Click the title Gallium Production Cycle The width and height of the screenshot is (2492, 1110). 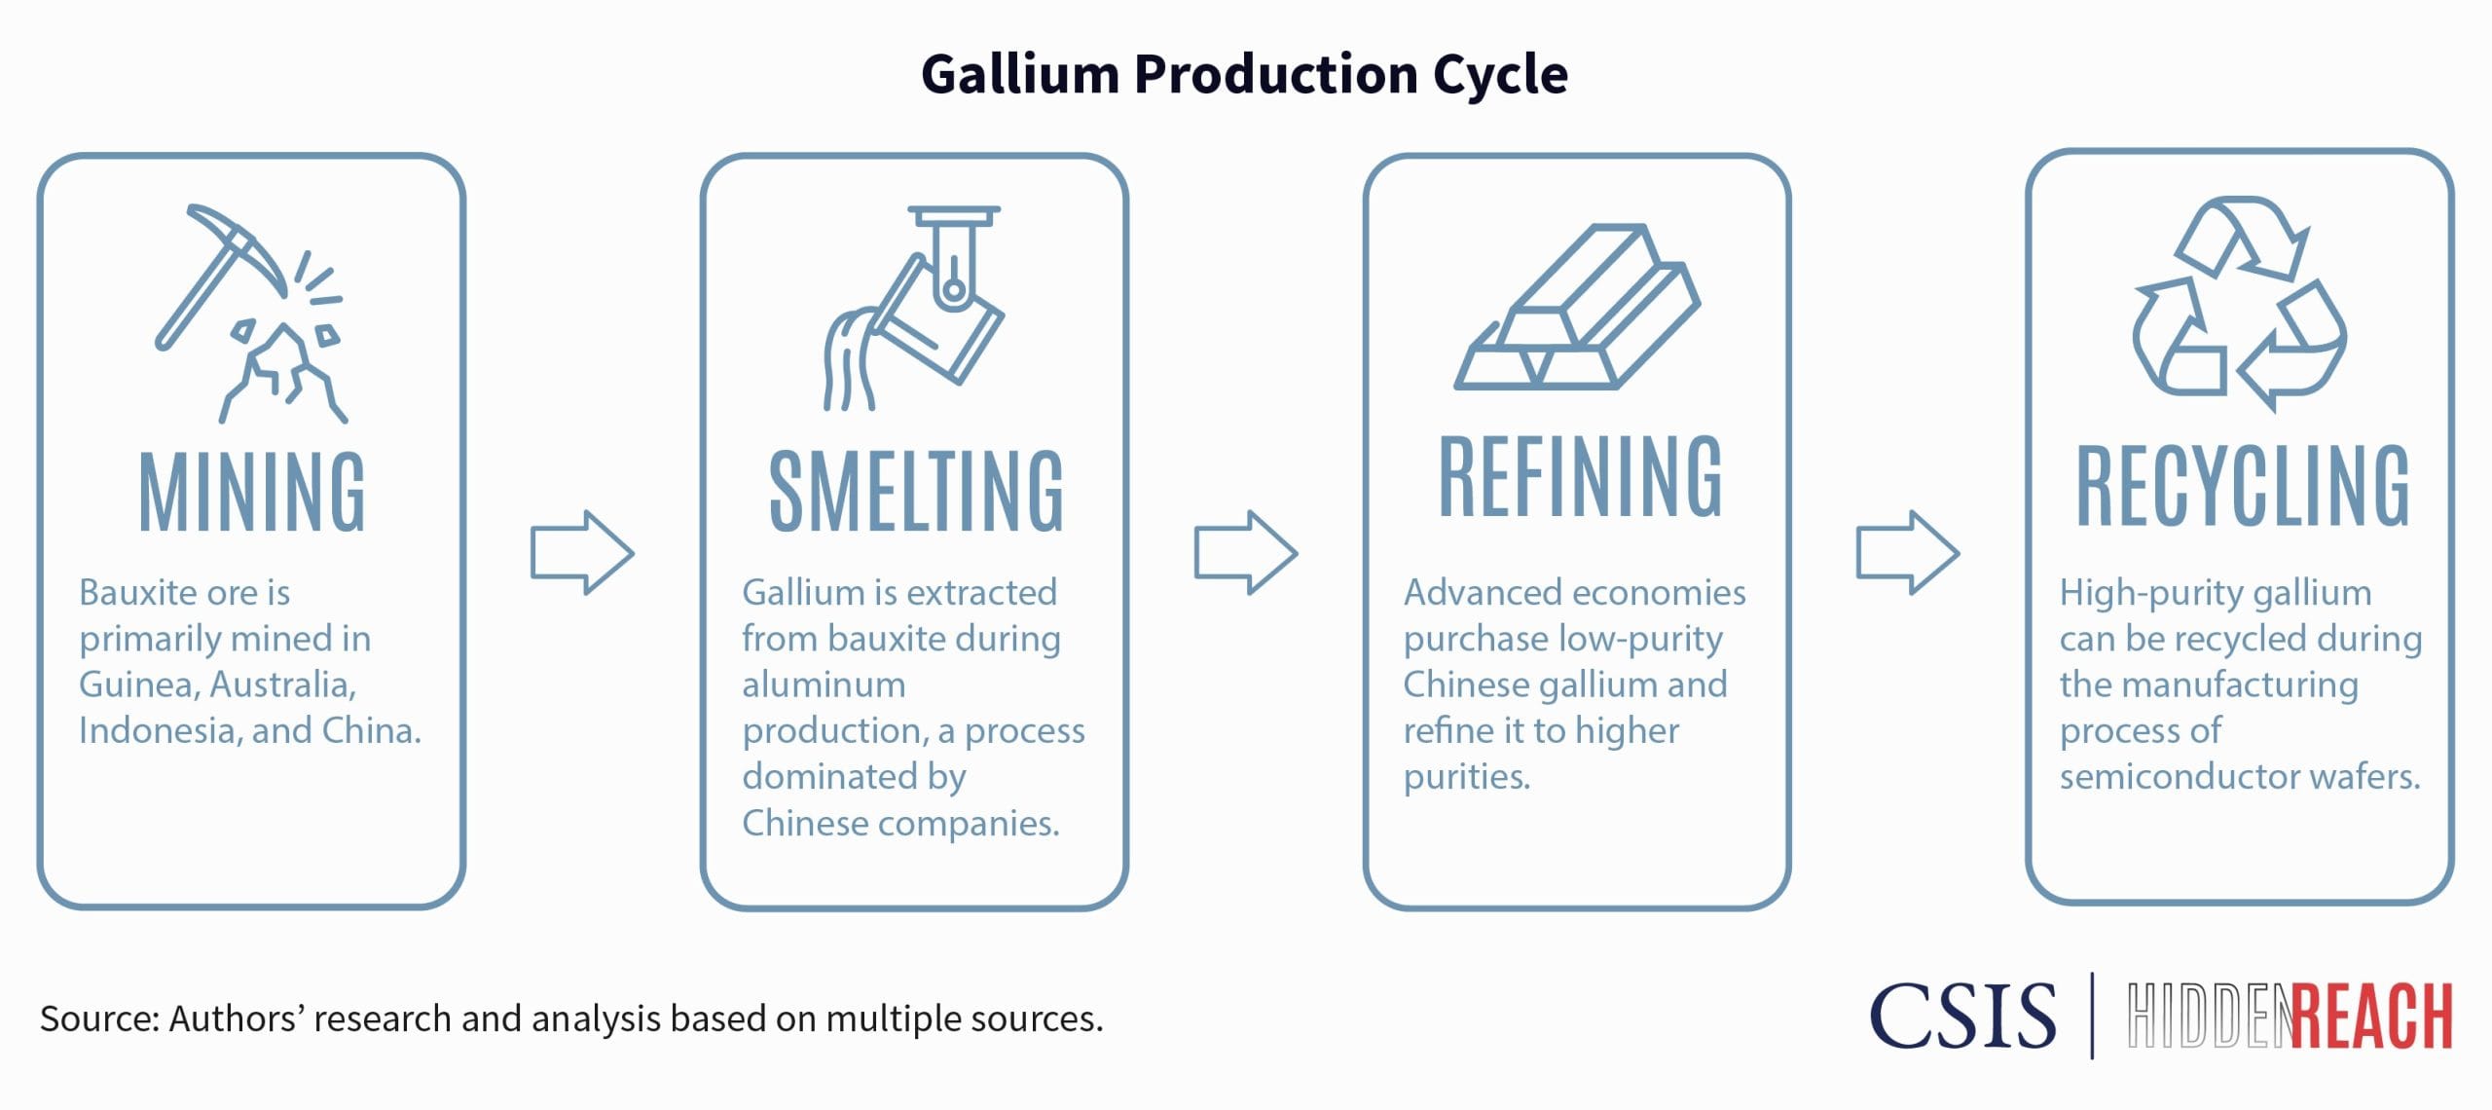tap(1244, 74)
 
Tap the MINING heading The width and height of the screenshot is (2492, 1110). tap(252, 493)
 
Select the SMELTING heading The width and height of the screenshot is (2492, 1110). tap(916, 493)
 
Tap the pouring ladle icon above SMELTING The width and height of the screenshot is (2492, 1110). tap(915, 308)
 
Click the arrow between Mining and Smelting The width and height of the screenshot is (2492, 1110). tap(582, 552)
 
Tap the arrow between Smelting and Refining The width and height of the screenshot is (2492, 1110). tap(1246, 552)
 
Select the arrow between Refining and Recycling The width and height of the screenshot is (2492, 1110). tap(1908, 552)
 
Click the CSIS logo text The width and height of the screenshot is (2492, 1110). tap(1962, 1017)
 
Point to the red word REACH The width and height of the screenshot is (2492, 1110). tap(2371, 1017)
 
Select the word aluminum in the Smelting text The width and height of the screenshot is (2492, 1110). tap(824, 685)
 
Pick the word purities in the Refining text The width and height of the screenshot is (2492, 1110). tap(1466, 777)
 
